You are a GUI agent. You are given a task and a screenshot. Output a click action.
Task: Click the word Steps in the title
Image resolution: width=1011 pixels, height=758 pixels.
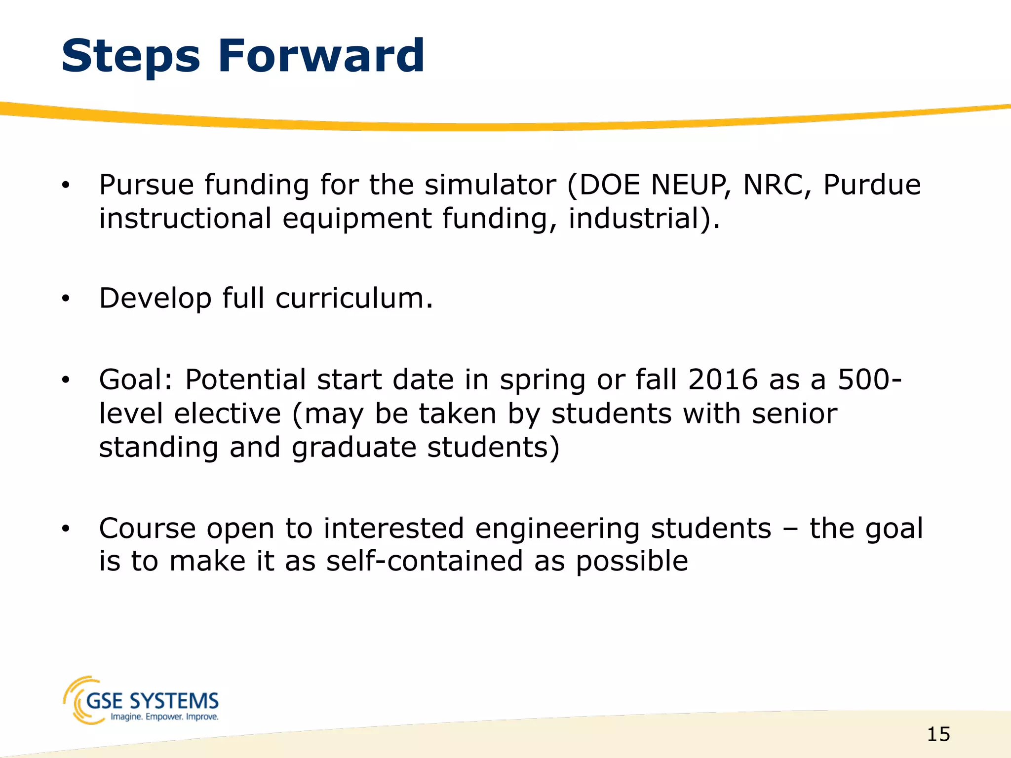pyautogui.click(x=131, y=57)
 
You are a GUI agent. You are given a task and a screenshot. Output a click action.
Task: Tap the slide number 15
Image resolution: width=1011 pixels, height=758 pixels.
pyautogui.click(x=938, y=735)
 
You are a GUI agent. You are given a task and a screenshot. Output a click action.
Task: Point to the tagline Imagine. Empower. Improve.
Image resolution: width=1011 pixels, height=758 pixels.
pyautogui.click(x=164, y=717)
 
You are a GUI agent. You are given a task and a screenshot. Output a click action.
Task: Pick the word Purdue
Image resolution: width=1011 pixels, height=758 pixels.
pyautogui.click(x=872, y=185)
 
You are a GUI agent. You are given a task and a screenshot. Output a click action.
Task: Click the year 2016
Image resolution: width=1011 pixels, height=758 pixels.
pyautogui.click(x=723, y=380)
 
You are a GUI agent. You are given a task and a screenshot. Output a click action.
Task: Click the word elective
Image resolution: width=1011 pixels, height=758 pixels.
pyautogui.click(x=228, y=414)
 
